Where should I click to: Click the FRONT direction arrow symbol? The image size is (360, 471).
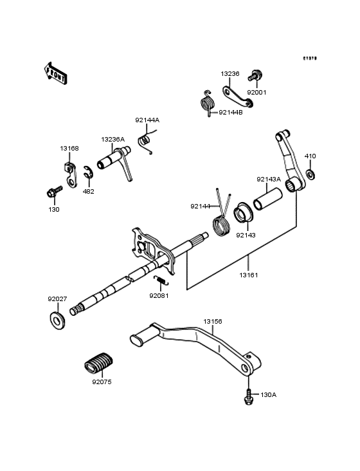click(x=57, y=71)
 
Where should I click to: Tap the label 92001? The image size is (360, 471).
click(x=256, y=93)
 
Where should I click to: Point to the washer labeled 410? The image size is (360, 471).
click(x=310, y=174)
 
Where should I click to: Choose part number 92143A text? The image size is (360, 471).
click(x=269, y=180)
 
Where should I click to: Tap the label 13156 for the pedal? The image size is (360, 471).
click(x=213, y=321)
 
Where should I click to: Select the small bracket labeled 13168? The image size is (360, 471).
click(x=69, y=171)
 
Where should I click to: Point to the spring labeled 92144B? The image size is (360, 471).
click(x=207, y=104)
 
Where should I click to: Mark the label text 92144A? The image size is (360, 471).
click(x=147, y=120)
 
